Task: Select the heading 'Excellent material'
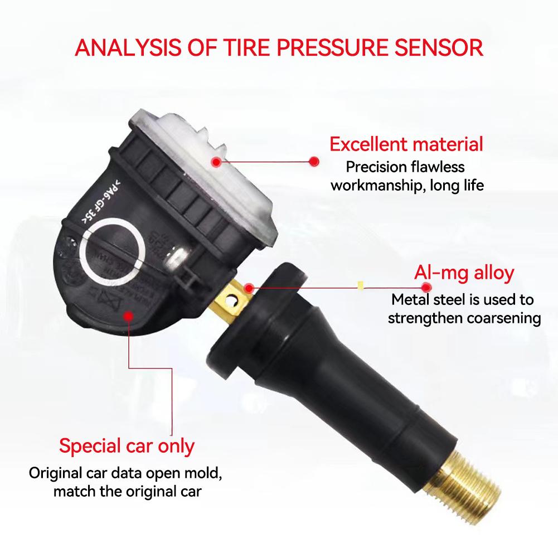pos(406,145)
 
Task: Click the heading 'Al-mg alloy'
pos(464,274)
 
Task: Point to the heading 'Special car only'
pos(127,446)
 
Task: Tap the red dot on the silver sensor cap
pos(215,162)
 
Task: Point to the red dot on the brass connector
pos(249,288)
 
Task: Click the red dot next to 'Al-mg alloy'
pos(426,288)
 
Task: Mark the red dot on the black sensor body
pos(128,316)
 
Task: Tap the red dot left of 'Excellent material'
pos(314,161)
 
